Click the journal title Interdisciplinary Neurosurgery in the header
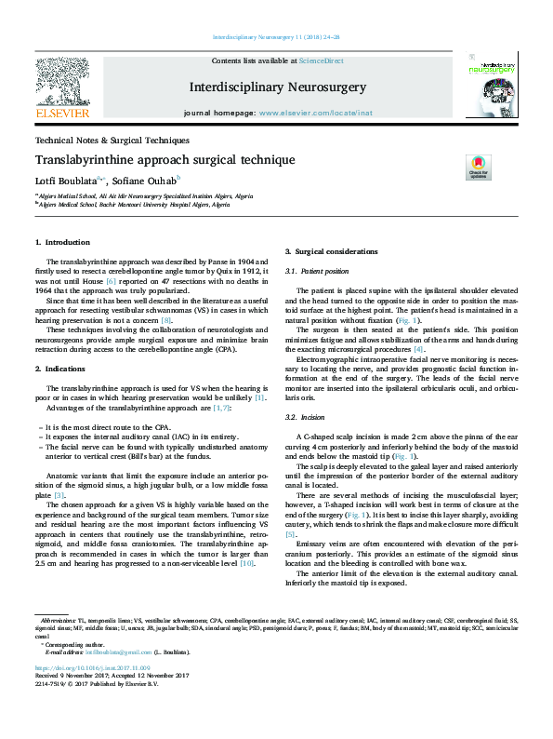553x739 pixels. point(277,87)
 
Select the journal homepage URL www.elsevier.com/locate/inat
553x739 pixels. point(321,112)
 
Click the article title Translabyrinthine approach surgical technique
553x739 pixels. point(165,160)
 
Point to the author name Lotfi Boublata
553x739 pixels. point(68,178)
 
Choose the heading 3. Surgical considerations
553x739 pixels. point(331,252)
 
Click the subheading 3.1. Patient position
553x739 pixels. point(318,271)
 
